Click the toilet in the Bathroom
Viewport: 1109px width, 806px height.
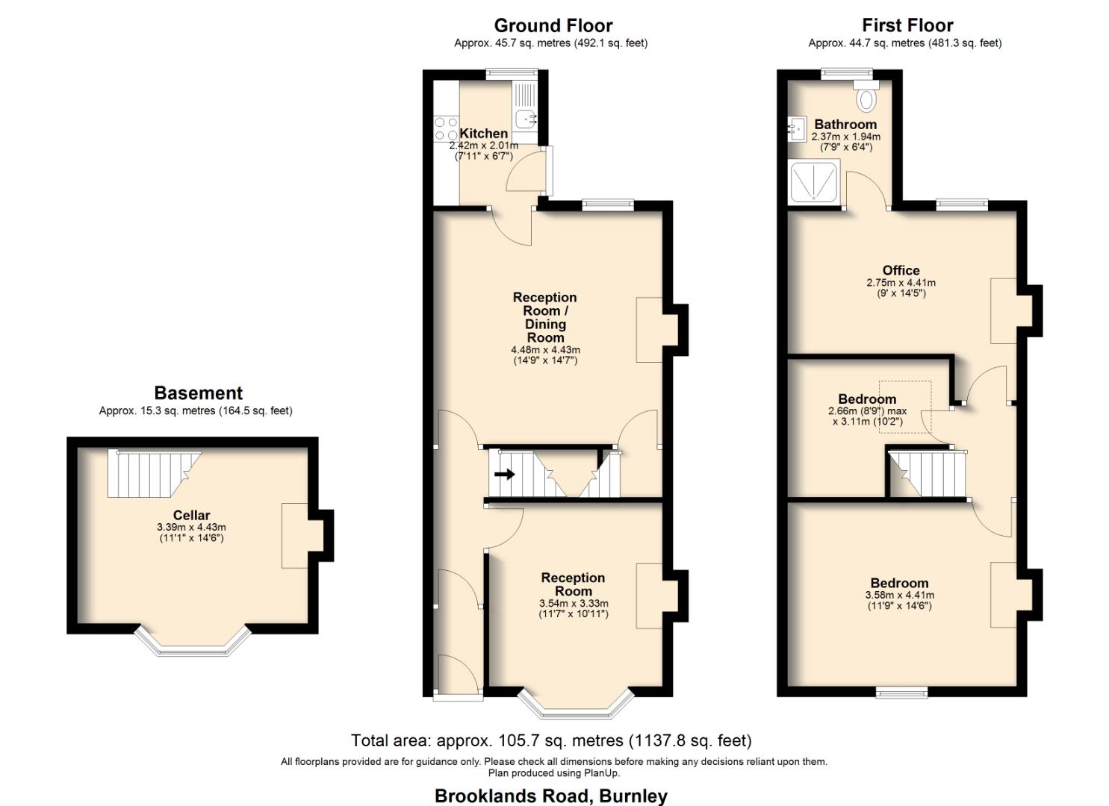867,97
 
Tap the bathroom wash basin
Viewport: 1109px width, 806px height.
794,128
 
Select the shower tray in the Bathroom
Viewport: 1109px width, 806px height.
815,181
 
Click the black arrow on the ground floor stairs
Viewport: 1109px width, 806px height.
505,474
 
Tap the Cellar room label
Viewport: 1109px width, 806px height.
191,515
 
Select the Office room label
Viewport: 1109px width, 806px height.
901,270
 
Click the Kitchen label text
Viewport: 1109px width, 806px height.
483,134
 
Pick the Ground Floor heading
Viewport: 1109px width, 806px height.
553,25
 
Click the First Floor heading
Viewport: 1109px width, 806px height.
907,25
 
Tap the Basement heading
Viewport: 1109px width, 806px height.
198,393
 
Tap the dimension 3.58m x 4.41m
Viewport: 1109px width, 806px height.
899,596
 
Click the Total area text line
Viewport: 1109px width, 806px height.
551,740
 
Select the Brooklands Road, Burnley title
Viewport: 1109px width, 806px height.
551,796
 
